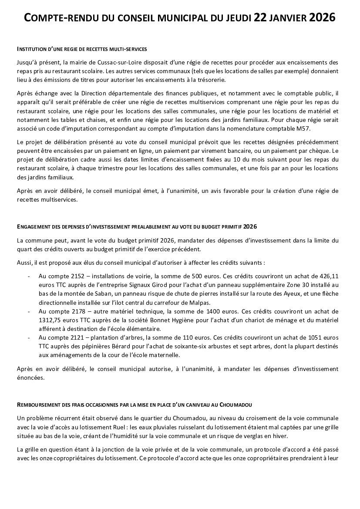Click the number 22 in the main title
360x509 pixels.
point(260,18)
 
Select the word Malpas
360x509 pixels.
point(201,302)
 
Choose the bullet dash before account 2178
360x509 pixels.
point(29,311)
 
